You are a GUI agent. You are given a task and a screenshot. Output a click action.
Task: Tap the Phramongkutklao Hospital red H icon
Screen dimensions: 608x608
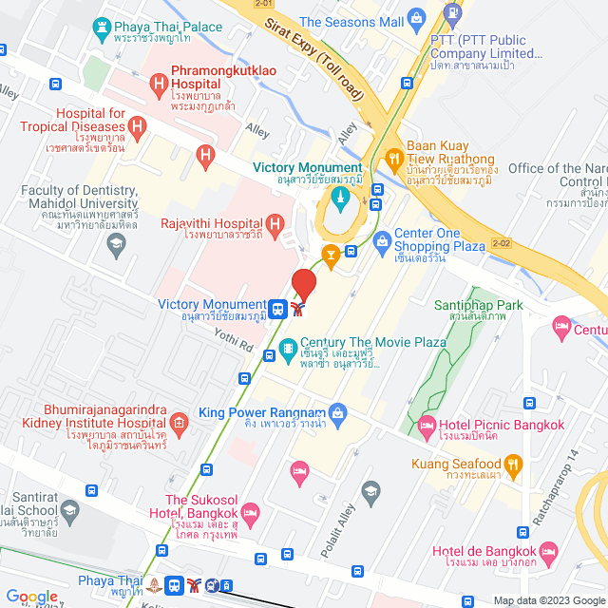(158, 88)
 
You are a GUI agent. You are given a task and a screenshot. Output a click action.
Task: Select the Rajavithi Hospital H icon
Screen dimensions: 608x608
(275, 224)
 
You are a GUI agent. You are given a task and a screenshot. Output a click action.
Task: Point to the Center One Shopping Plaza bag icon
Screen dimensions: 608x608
(382, 241)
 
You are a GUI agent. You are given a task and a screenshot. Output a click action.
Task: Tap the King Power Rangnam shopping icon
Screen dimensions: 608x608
(337, 412)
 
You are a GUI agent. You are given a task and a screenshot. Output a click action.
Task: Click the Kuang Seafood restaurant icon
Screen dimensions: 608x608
(514, 464)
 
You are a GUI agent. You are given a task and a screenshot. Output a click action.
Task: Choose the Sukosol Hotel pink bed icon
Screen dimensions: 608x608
(251, 515)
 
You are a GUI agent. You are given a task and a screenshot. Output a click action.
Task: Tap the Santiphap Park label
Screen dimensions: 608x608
(480, 305)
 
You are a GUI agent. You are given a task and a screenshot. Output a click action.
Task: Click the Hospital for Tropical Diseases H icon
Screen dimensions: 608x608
(138, 123)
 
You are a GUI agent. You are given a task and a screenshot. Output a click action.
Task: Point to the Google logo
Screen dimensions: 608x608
(32, 597)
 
